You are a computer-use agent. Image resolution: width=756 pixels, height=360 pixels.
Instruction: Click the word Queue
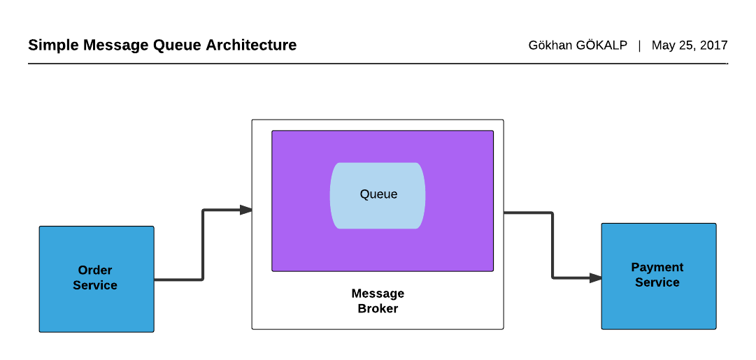click(x=378, y=194)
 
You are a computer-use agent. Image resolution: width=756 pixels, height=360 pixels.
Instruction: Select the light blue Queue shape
click(x=378, y=213)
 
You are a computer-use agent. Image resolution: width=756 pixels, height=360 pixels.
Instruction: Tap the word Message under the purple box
click(x=378, y=294)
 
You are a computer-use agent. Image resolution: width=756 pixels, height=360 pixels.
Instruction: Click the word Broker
click(x=378, y=308)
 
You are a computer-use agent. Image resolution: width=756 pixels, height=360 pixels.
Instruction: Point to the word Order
click(x=95, y=271)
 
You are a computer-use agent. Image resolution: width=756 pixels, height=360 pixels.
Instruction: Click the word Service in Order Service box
click(x=95, y=285)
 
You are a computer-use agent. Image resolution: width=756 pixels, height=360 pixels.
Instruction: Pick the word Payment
click(x=657, y=267)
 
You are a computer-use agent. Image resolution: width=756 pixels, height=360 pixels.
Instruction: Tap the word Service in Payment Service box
click(x=657, y=282)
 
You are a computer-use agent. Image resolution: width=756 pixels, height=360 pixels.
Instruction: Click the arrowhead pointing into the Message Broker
click(x=246, y=210)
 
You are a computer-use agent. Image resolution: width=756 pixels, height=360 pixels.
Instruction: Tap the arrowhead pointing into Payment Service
click(x=596, y=278)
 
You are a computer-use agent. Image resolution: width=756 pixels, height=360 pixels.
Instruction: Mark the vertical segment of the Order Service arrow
click(x=203, y=245)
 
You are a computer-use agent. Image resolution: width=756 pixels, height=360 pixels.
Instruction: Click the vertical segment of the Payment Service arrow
click(x=552, y=245)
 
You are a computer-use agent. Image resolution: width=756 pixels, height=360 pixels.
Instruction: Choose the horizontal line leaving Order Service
click(x=178, y=280)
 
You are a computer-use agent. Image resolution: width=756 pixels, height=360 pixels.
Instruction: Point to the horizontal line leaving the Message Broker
click(x=528, y=213)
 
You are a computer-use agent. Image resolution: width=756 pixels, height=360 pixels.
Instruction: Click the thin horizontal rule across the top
click(x=378, y=64)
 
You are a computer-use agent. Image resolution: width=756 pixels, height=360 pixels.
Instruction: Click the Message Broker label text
click(x=378, y=301)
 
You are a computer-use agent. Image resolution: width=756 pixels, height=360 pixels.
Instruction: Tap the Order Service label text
click(x=95, y=278)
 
